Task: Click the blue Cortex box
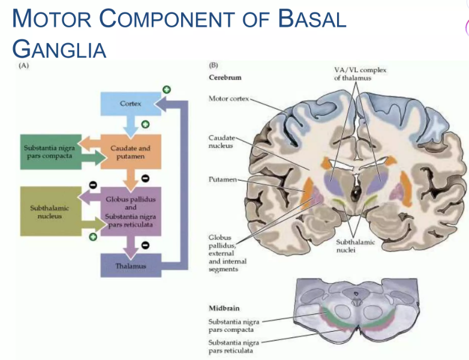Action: [130, 104]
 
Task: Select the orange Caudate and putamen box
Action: [130, 152]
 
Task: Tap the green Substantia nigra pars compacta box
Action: [48, 152]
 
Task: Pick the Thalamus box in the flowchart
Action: [130, 265]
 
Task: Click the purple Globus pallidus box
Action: [130, 211]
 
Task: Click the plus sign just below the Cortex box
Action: [145, 125]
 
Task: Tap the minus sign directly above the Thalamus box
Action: [145, 245]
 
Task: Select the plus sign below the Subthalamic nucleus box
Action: [93, 238]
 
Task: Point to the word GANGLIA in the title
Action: [59, 48]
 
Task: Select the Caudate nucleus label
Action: [221, 142]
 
